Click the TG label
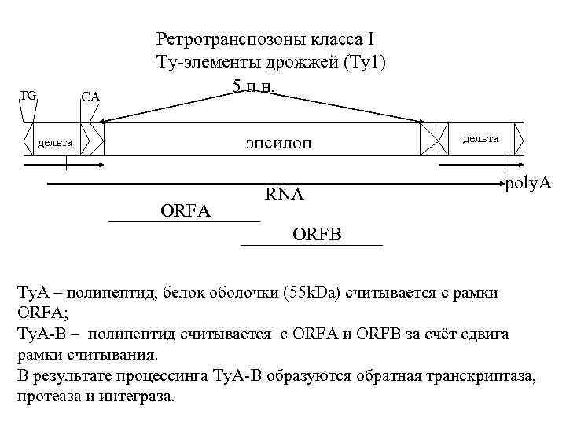coord(28,96)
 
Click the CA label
coord(90,97)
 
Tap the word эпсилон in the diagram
coord(278,142)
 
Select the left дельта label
coord(55,143)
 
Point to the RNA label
coord(284,194)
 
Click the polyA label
coord(528,184)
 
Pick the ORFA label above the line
coord(186,210)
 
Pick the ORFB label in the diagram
coord(322,233)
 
